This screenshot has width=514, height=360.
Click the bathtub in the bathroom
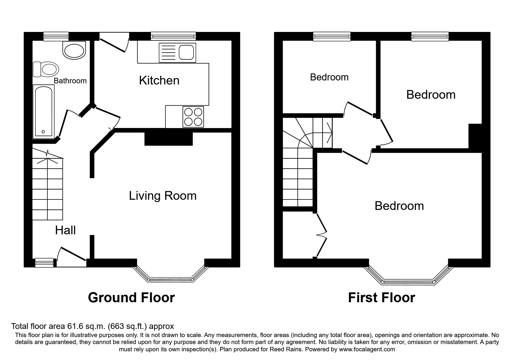click(44, 112)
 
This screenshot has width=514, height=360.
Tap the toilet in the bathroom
click(46, 69)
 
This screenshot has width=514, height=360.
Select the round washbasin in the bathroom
click(74, 51)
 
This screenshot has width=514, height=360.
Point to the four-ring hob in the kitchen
click(193, 117)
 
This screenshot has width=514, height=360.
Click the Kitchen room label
click(159, 80)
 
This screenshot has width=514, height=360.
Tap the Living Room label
click(163, 196)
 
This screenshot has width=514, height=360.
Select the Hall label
click(65, 230)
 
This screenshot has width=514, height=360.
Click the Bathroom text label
click(70, 81)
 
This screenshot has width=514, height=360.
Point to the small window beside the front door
click(44, 262)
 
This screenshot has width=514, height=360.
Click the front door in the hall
click(72, 255)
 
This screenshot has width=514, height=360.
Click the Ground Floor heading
click(131, 298)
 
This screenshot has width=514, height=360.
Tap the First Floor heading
click(381, 298)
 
